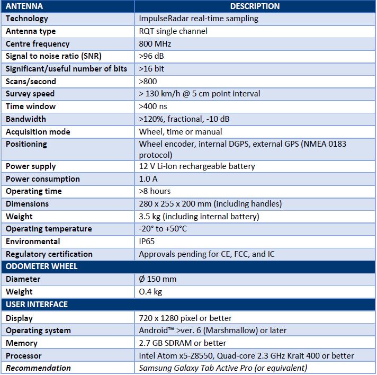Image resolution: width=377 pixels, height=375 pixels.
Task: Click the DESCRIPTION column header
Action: (x=255, y=6)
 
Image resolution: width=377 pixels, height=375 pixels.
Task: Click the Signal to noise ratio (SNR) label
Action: (x=53, y=56)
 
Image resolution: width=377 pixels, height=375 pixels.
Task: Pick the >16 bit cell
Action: (x=151, y=69)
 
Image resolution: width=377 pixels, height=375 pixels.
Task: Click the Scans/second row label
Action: (x=31, y=82)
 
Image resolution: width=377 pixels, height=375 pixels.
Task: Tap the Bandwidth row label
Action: (x=26, y=119)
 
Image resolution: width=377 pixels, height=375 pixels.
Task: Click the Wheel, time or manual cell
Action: (x=181, y=132)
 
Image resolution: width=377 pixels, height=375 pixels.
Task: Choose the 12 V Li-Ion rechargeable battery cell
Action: (x=197, y=166)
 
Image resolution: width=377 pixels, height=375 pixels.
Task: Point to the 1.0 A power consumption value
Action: (x=149, y=179)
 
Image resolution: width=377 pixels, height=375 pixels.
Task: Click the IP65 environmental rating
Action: (x=148, y=242)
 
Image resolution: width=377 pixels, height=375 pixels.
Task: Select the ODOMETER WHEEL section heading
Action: (x=42, y=266)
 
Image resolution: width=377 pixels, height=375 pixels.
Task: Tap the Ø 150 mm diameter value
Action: (x=157, y=279)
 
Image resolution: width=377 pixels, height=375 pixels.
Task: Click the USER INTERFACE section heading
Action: (x=37, y=305)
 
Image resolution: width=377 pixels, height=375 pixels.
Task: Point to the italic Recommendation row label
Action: (x=38, y=368)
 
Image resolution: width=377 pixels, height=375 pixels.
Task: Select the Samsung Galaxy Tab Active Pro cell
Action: (x=223, y=368)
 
